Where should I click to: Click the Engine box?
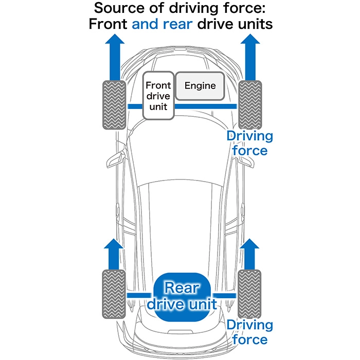[x=200, y=86]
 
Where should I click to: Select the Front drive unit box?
[x=158, y=96]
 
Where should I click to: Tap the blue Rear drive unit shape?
[x=182, y=297]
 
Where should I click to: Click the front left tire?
[x=114, y=105]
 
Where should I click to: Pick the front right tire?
[x=250, y=105]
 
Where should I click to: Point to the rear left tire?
[x=114, y=294]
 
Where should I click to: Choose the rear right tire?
[x=249, y=294]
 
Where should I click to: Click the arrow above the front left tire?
[x=115, y=57]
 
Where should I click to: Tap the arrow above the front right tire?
[x=250, y=57]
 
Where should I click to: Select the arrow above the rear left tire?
[x=114, y=254]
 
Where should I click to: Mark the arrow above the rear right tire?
[x=249, y=254]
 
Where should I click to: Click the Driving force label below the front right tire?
[x=250, y=143]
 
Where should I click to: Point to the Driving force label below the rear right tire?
[x=250, y=332]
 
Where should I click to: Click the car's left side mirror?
[x=116, y=158]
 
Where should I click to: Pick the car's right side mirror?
[x=246, y=160]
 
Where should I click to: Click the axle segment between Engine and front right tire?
[x=206, y=106]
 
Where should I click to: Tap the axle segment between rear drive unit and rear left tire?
[x=139, y=296]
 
